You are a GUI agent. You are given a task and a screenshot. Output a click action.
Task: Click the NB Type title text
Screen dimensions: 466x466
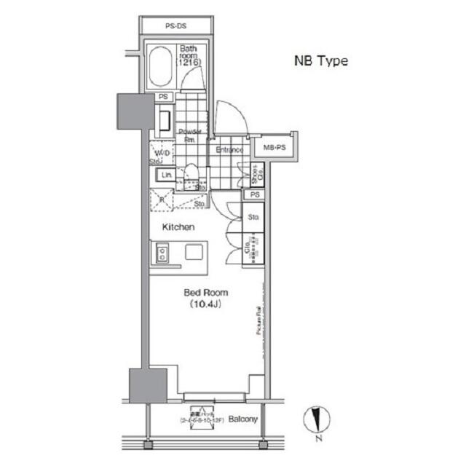[320, 61]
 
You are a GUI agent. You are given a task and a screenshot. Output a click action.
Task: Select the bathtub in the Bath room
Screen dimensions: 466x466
[162, 67]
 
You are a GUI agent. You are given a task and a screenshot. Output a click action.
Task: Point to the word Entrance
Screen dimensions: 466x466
[229, 150]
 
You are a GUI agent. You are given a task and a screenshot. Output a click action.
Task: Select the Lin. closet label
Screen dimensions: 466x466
[166, 175]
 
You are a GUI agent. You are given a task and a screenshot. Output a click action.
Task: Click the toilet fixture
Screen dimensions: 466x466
[191, 173]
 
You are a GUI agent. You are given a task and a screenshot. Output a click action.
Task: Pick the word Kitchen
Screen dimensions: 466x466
[178, 227]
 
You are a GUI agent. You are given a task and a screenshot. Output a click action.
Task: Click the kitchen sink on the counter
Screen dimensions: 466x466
[161, 253]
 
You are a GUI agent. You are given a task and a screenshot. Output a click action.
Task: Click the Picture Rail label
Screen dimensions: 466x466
[258, 320]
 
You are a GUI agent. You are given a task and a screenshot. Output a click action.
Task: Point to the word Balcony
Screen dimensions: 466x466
[243, 420]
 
